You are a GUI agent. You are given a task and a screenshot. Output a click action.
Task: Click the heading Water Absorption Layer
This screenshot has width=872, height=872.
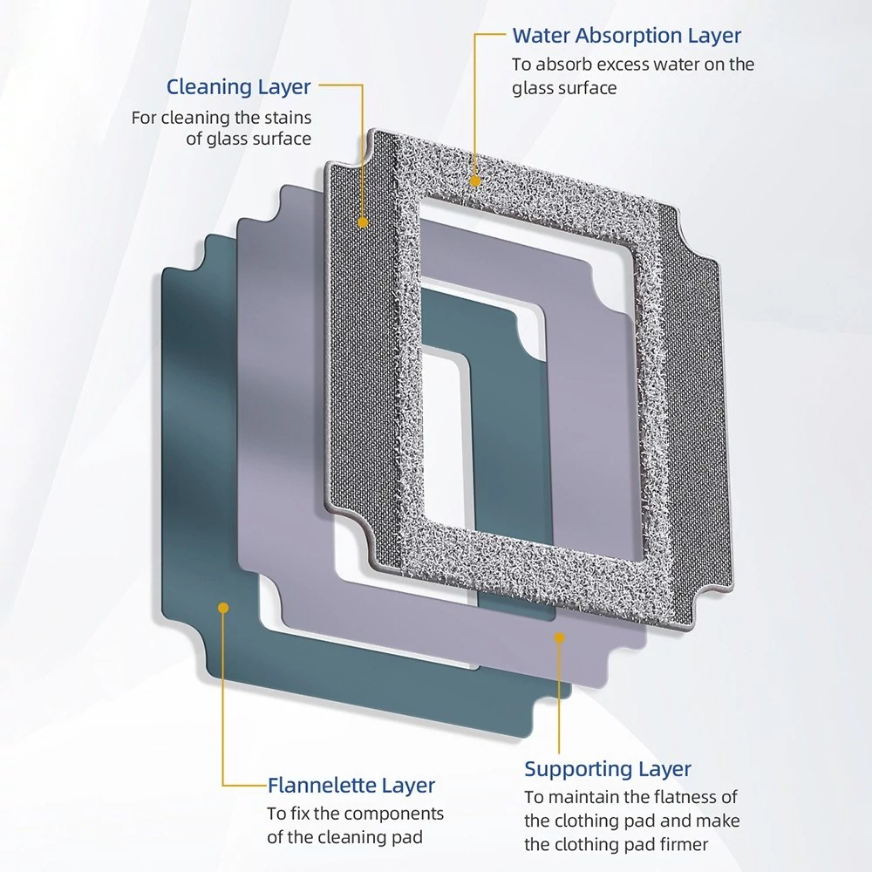pos(627,36)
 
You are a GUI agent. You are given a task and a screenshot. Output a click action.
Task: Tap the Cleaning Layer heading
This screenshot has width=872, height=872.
pos(239,87)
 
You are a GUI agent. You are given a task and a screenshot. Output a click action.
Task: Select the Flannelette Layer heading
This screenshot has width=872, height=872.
pos(351,786)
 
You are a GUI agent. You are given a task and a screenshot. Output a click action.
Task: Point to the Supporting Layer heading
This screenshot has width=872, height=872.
pos(608,769)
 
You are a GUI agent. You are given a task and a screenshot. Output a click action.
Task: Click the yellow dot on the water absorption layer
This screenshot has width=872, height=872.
pos(475,181)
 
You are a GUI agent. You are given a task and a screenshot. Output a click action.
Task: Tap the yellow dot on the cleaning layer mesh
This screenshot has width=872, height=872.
pos(363,222)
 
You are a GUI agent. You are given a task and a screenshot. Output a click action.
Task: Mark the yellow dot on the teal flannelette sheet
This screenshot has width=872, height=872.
pos(223,608)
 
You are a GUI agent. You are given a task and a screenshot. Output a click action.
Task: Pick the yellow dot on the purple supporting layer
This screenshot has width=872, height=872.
pos(560,637)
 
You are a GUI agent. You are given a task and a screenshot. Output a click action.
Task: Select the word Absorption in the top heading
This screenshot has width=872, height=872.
pos(629,36)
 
